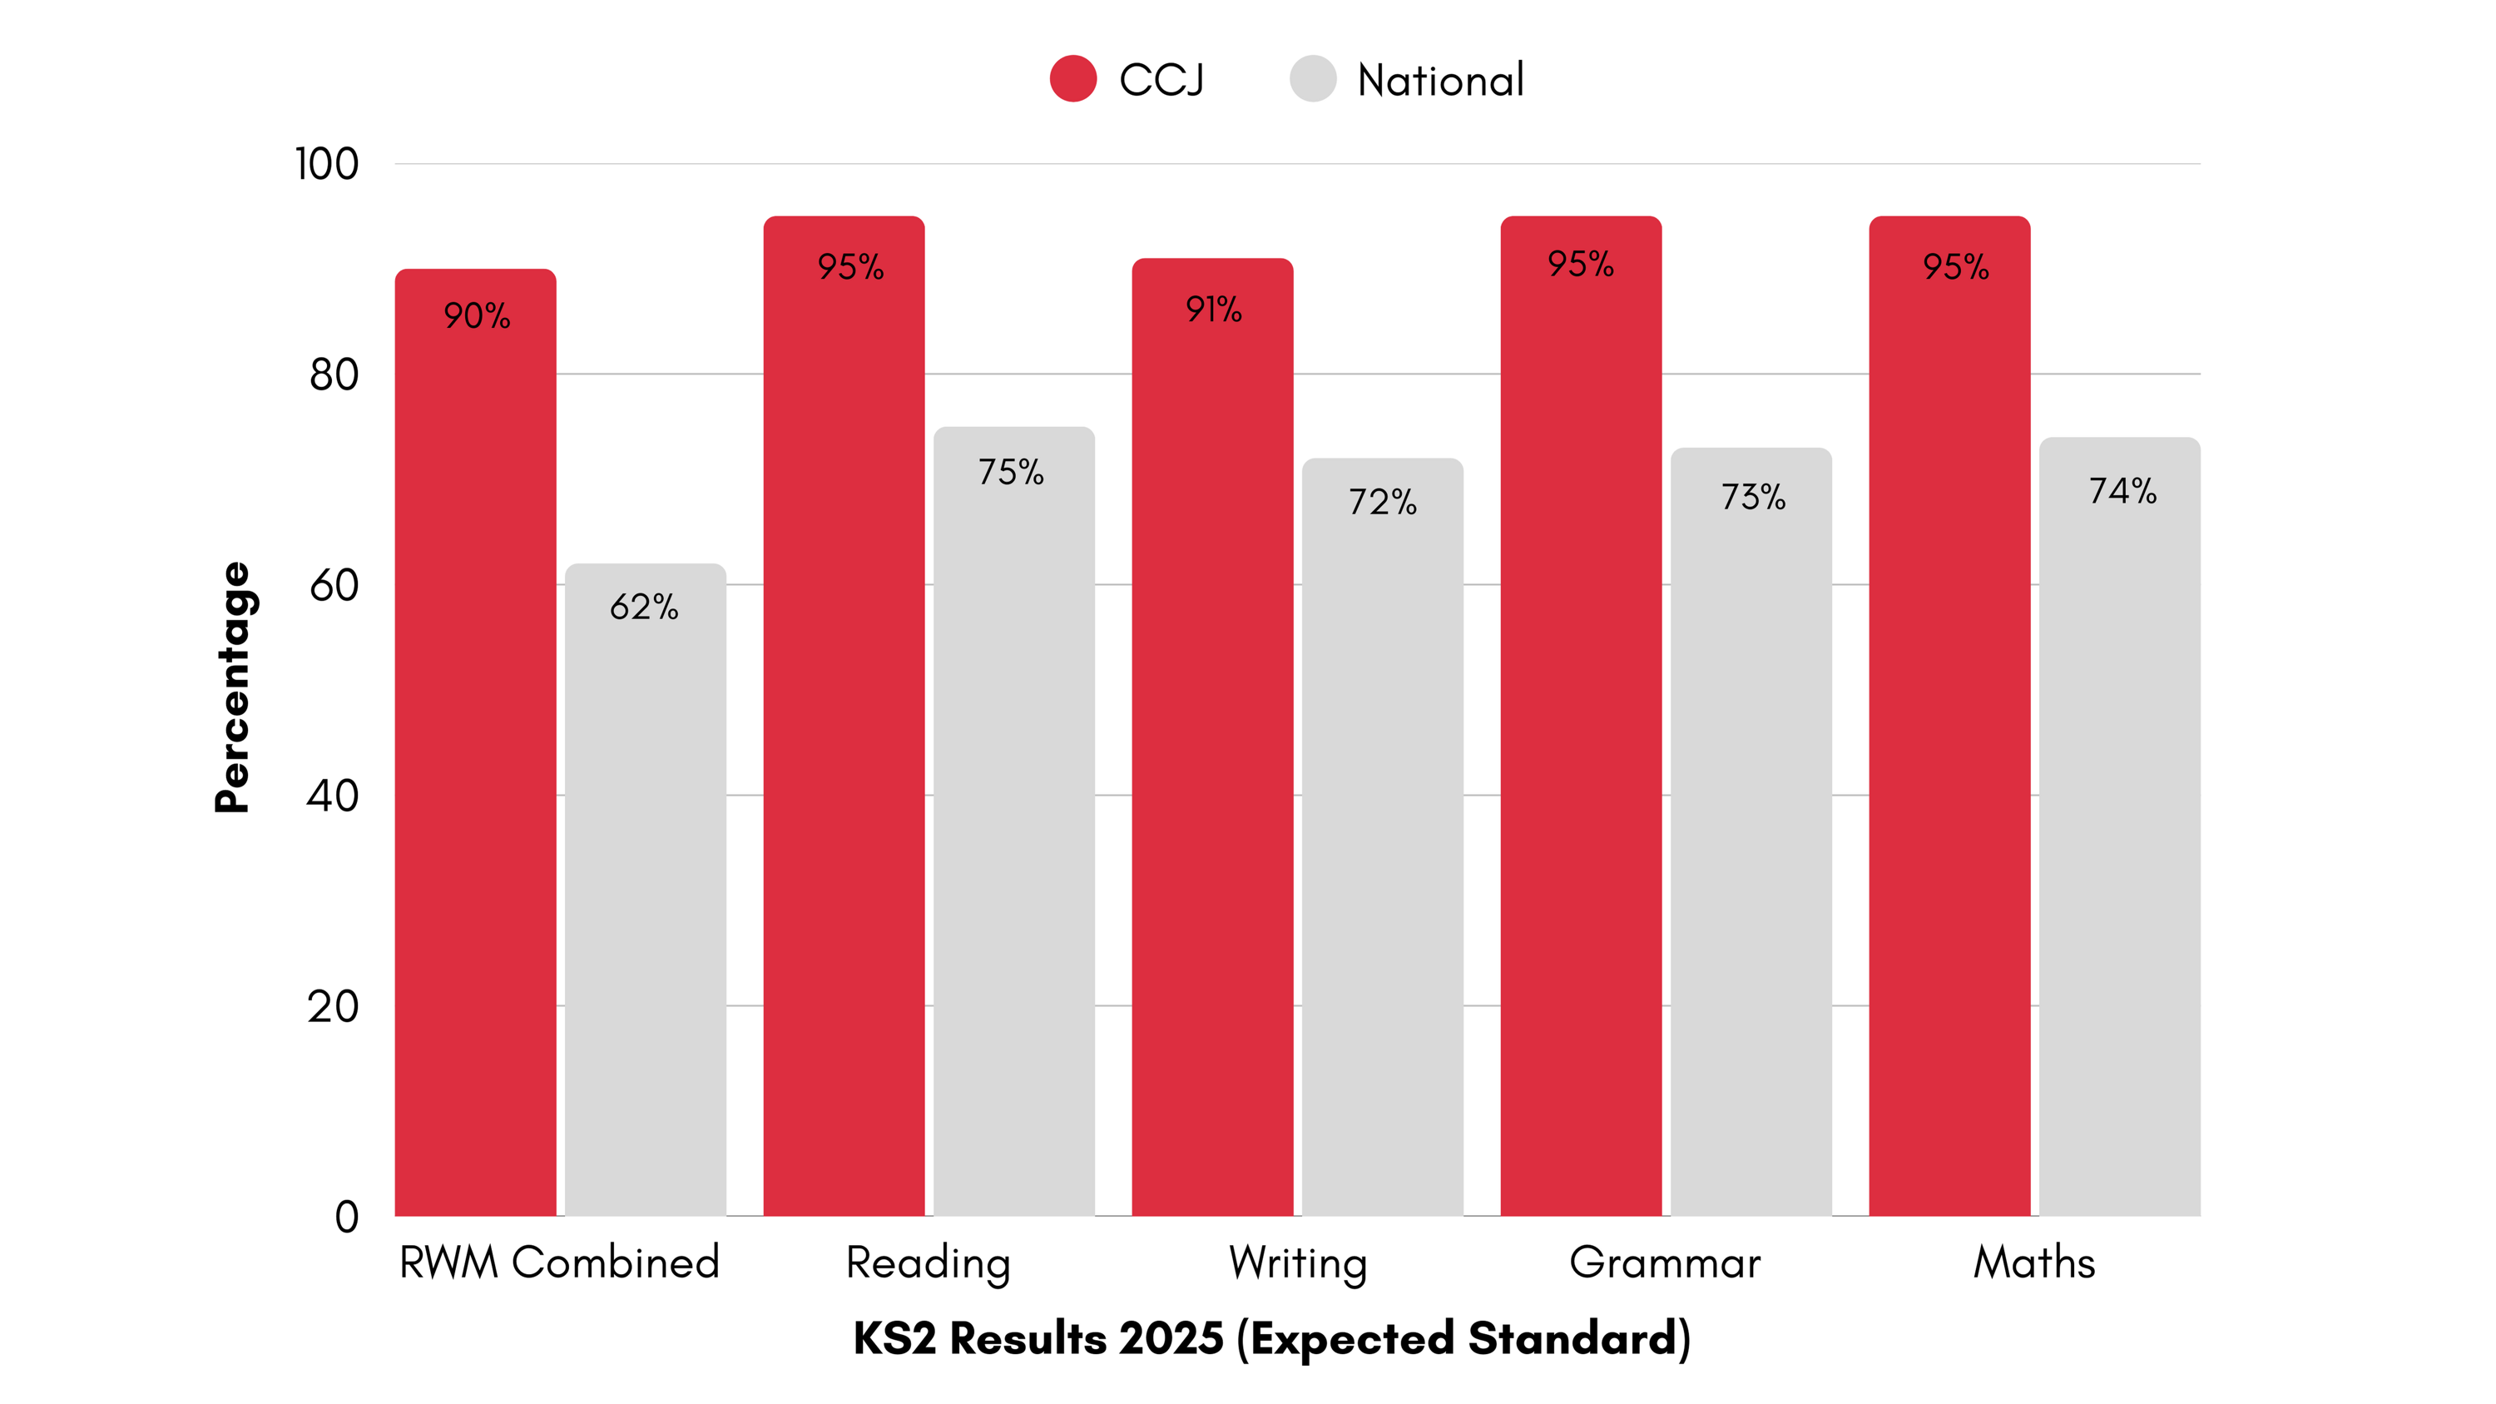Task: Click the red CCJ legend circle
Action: point(1072,78)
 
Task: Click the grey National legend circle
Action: point(1313,78)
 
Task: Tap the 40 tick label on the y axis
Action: point(332,796)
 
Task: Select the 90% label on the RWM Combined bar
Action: point(477,316)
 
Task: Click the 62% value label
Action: point(644,607)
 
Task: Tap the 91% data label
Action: point(1213,309)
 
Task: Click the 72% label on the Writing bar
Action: point(1383,502)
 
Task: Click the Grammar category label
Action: point(1665,1263)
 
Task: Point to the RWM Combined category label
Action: point(559,1263)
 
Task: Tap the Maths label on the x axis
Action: point(2033,1263)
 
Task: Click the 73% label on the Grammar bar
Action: point(1753,497)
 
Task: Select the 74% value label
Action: point(2122,490)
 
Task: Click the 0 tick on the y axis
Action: point(347,1217)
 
